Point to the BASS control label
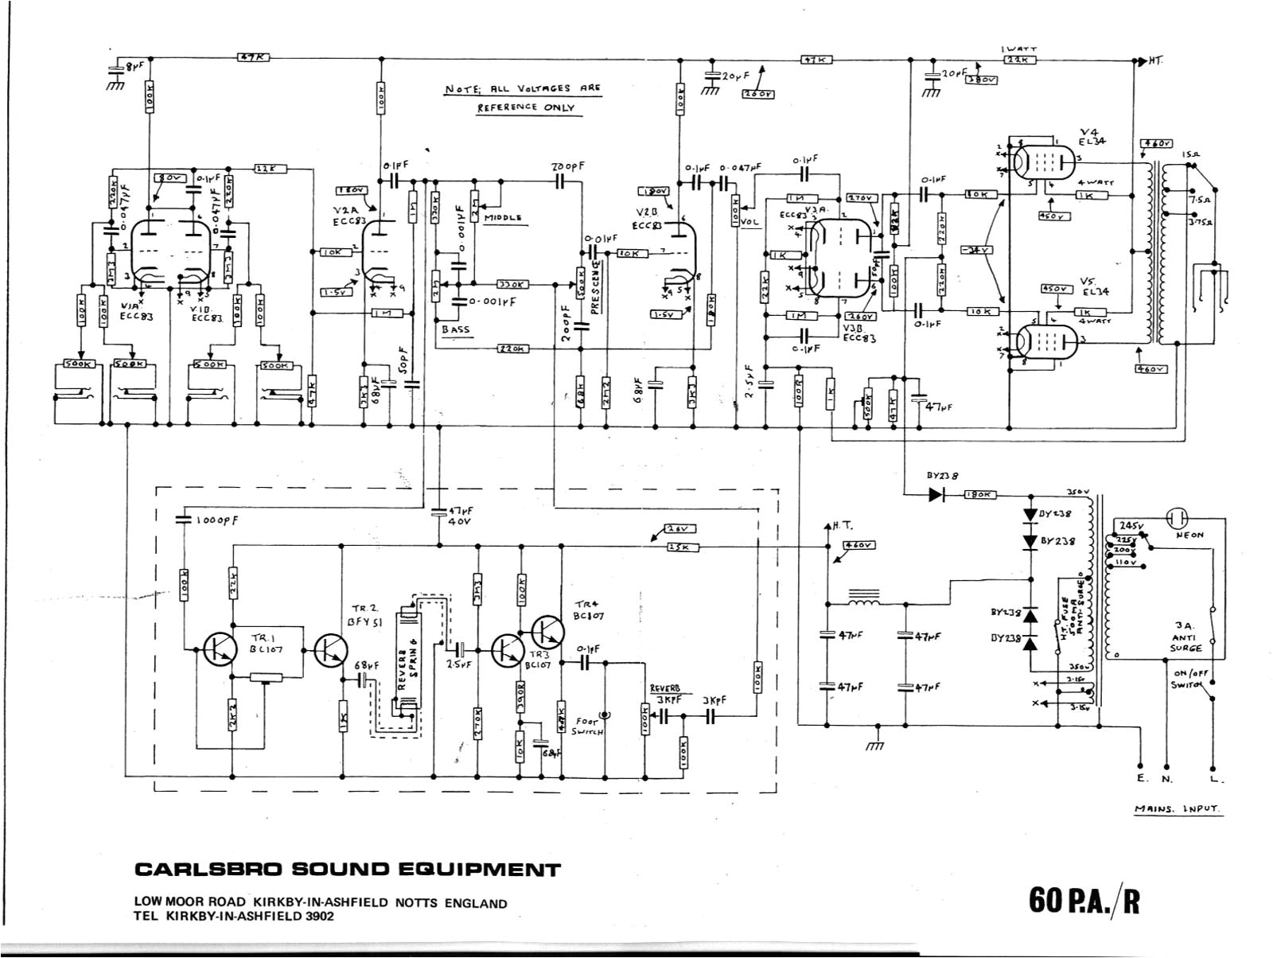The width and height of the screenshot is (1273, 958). point(456,329)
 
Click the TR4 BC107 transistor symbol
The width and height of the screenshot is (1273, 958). point(547,633)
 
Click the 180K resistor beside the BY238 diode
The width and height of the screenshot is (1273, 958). point(979,494)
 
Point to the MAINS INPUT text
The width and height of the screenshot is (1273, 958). point(1177,809)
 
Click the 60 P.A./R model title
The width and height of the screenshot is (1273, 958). point(1084,901)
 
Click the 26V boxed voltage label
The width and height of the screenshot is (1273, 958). point(683,528)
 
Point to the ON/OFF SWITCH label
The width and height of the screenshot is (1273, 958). point(1189,679)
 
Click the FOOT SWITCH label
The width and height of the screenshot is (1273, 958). point(587,726)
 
